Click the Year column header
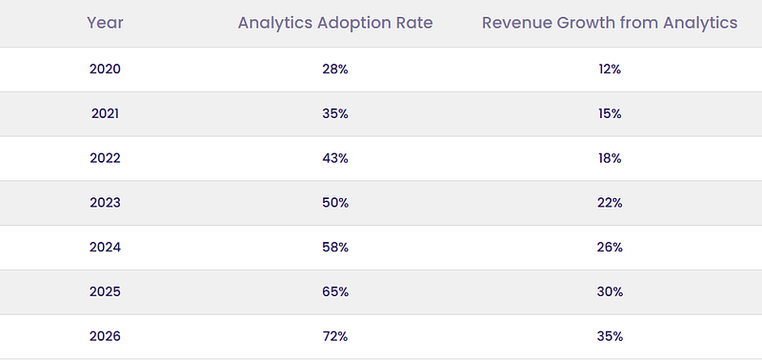point(105,23)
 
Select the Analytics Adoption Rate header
point(335,23)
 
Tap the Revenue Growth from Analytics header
point(610,23)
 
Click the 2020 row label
point(105,69)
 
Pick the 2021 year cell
point(105,113)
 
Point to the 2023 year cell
point(105,203)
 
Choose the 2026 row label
point(105,336)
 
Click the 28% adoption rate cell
point(335,69)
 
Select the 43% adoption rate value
point(335,158)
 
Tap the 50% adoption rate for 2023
point(335,203)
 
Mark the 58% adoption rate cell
point(335,248)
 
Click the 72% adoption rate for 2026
point(335,336)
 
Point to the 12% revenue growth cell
point(610,69)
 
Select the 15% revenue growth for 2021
point(610,113)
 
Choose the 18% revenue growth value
point(610,158)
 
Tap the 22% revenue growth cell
point(610,203)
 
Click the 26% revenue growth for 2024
point(610,248)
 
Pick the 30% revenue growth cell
point(610,292)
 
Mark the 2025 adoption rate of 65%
point(335,292)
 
